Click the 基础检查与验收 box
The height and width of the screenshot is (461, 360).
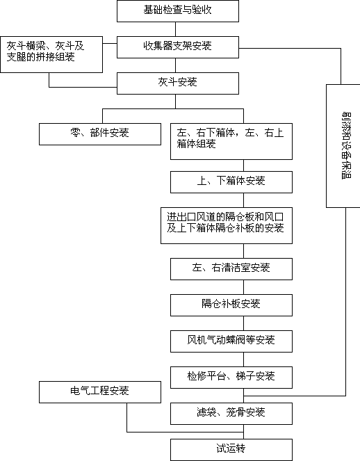click(178, 11)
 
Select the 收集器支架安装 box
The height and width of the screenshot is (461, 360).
click(178, 47)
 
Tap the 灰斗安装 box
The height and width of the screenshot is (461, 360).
click(178, 83)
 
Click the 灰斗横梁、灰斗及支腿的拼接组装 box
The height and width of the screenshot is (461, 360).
click(51, 54)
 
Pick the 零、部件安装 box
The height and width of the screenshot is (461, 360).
click(100, 134)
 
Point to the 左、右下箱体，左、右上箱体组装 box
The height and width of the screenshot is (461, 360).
click(231, 141)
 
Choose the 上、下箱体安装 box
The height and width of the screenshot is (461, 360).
click(231, 182)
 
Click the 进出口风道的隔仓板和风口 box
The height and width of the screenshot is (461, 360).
click(227, 225)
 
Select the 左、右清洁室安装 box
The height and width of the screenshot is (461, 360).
click(231, 269)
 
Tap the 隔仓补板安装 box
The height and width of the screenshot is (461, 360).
click(231, 305)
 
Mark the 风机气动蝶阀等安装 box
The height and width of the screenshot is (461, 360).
click(231, 341)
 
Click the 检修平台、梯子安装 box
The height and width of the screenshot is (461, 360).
click(231, 378)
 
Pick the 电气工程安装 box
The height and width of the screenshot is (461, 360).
click(100, 392)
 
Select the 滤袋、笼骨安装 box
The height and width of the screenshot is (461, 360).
click(231, 414)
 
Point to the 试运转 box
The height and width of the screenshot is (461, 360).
click(231, 450)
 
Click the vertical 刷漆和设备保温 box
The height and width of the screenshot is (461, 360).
click(343, 146)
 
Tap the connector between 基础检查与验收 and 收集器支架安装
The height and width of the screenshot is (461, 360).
click(175, 29)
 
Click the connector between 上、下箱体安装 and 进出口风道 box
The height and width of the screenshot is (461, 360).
click(243, 200)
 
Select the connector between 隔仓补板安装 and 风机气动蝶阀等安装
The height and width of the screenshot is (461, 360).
click(243, 323)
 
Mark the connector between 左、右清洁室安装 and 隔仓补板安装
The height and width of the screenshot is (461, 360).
click(243, 287)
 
